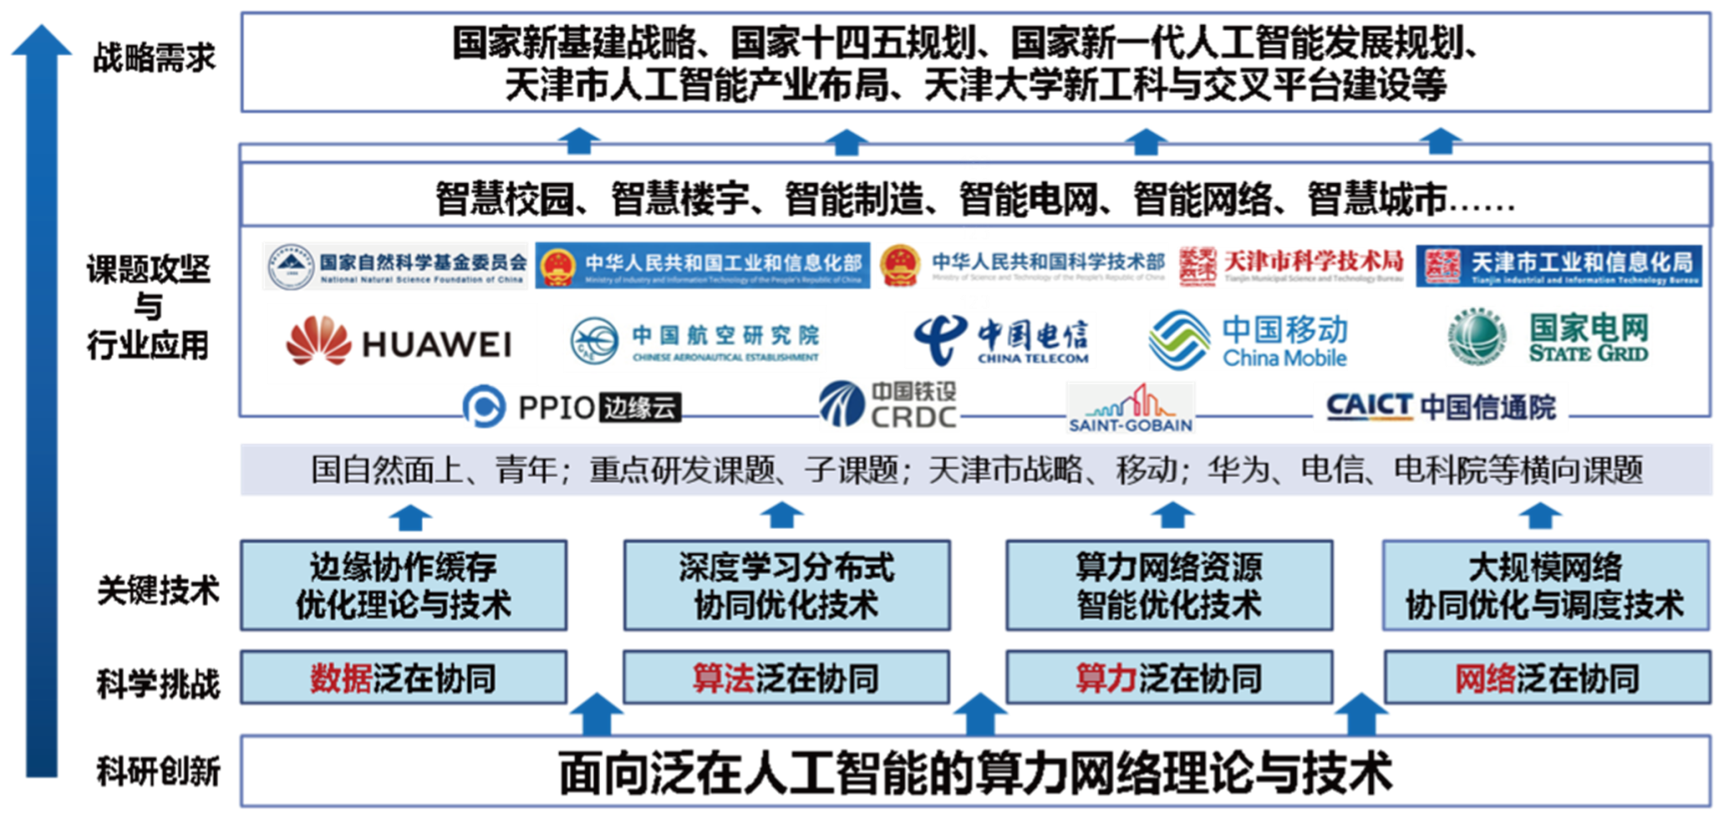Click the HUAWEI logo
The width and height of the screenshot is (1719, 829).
coord(400,344)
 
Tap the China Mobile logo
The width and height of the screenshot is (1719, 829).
coord(1248,339)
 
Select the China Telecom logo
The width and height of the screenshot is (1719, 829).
coord(1000,339)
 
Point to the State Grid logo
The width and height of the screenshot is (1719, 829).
coord(1549,337)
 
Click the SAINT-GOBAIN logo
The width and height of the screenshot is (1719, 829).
coord(1131,407)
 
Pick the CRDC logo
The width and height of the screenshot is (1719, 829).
coord(890,405)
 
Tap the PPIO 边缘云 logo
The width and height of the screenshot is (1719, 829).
coord(572,407)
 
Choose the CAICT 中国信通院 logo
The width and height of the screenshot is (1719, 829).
coord(1440,407)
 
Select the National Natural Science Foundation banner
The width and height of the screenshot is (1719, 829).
coord(394,265)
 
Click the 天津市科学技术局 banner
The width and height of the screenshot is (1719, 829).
coord(1290,265)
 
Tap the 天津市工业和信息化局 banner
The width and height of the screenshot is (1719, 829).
coord(1559,265)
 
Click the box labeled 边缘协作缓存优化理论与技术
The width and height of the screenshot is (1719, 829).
coord(404,585)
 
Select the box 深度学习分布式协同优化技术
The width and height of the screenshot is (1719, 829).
coord(786,585)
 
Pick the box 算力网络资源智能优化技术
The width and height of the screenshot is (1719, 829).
coord(1169,585)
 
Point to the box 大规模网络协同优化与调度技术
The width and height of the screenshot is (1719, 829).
coord(1545,585)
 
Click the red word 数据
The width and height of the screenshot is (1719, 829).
coord(341,678)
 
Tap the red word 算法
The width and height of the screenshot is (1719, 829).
coord(724,678)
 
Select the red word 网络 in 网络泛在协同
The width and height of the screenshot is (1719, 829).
coord(1486,678)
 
